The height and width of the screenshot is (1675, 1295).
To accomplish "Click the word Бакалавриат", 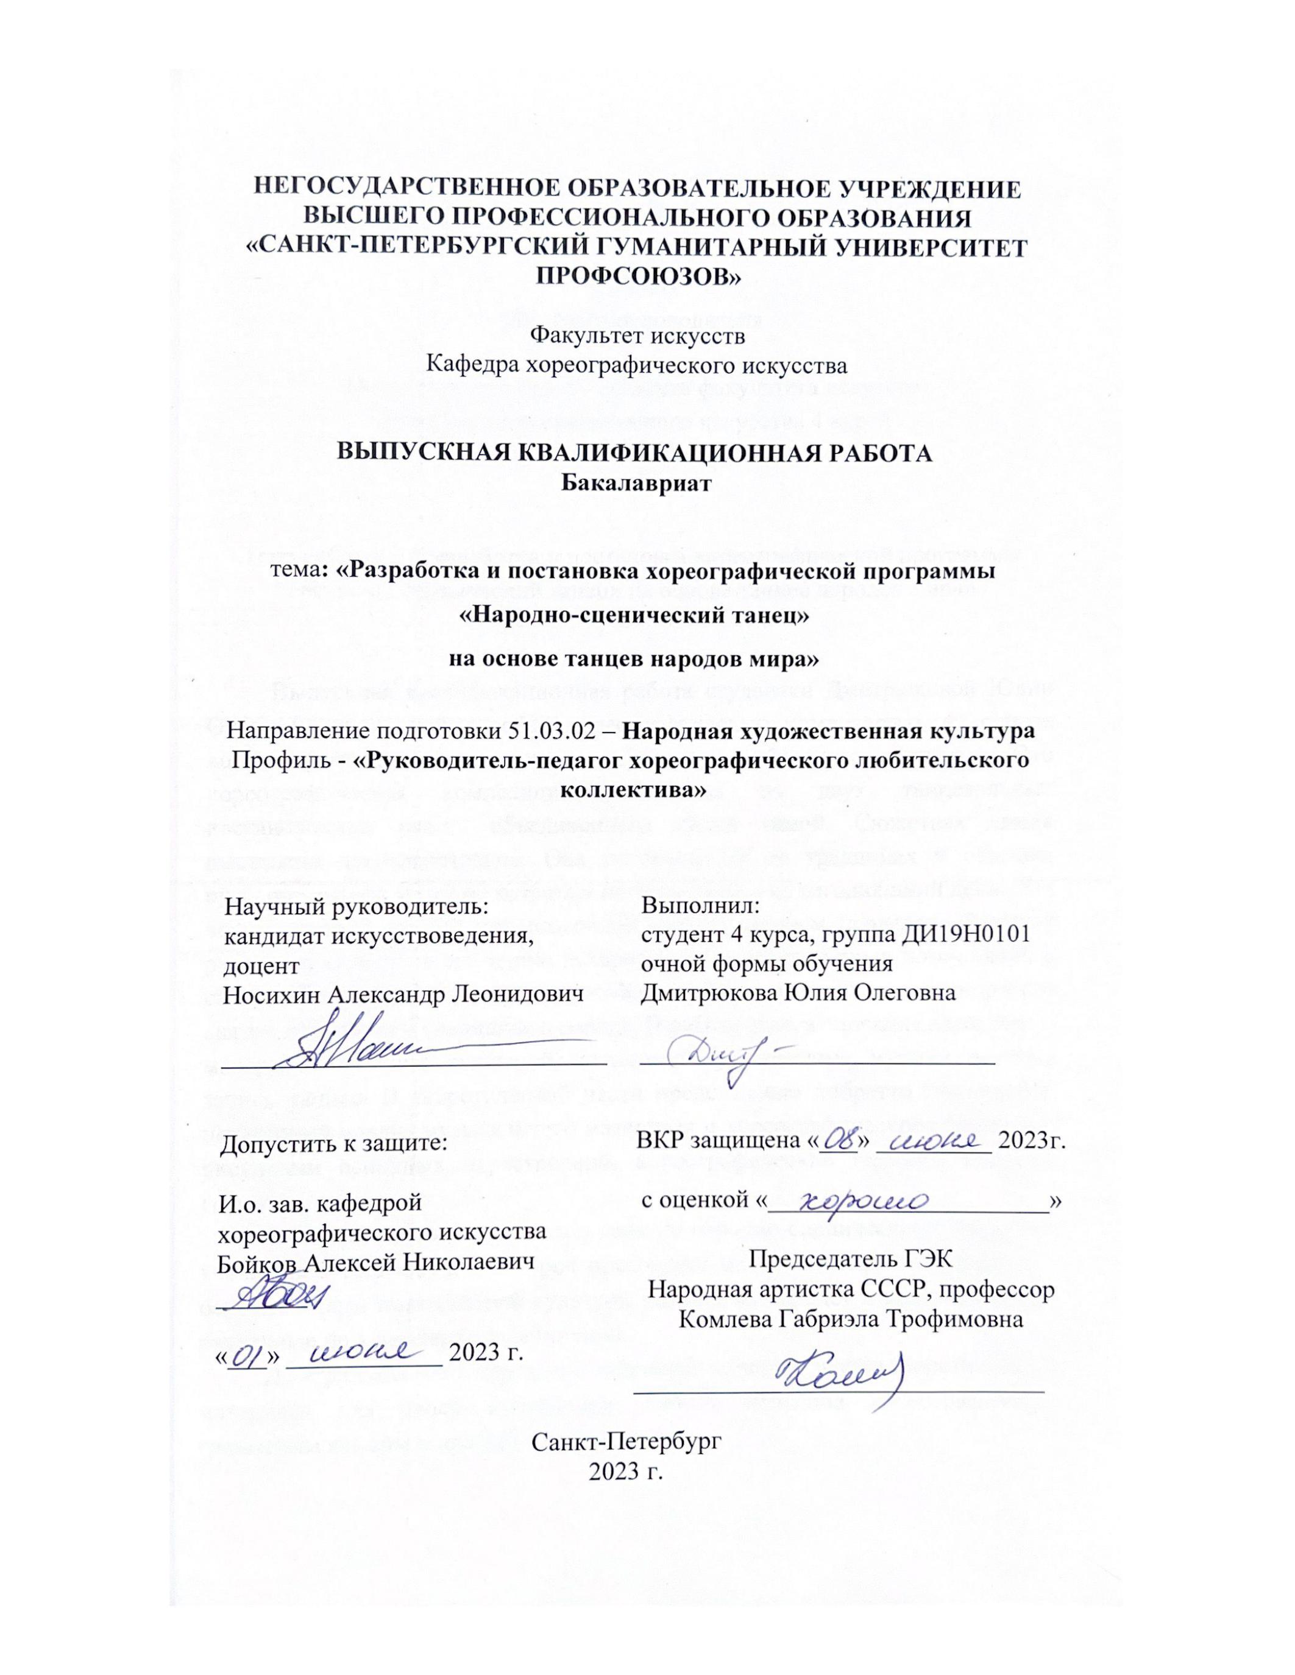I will tap(636, 483).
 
